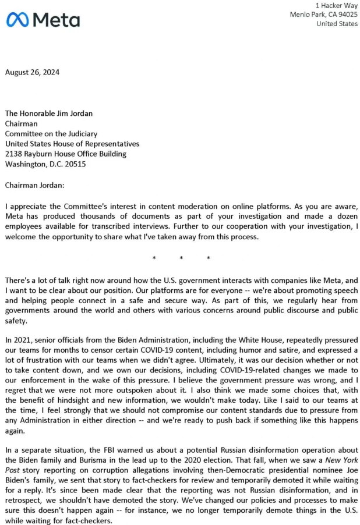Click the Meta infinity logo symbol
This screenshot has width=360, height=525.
click(18, 20)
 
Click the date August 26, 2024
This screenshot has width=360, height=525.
click(32, 73)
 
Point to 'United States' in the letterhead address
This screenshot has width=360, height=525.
click(337, 24)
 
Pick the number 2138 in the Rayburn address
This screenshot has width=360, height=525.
click(15, 154)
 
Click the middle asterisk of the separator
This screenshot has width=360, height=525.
click(181, 258)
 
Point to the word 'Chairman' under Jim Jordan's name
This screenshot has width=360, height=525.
click(21, 124)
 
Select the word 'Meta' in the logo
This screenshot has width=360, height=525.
click(57, 20)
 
